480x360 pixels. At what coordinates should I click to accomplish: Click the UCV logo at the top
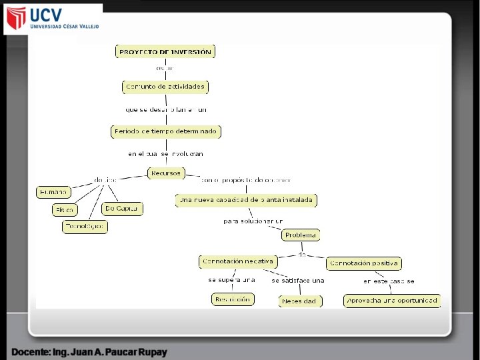[53, 19]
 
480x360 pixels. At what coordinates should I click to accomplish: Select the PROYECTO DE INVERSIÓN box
[165, 51]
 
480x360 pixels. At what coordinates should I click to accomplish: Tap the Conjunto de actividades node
[165, 87]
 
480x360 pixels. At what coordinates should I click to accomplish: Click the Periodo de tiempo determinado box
[165, 132]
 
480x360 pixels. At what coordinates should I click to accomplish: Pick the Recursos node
[165, 173]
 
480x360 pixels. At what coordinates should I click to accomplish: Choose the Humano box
[53, 192]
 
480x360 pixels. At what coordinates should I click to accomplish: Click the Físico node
[65, 210]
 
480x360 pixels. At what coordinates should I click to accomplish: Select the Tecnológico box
[85, 227]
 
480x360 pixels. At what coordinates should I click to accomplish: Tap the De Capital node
[123, 209]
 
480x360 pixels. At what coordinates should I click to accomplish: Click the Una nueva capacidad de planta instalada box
[246, 200]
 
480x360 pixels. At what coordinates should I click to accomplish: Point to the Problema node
[301, 235]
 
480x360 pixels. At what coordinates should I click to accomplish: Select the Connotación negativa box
[237, 261]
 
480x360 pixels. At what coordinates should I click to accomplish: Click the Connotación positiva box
[363, 263]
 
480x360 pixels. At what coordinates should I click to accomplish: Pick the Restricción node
[232, 299]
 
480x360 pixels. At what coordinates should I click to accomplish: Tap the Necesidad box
[299, 301]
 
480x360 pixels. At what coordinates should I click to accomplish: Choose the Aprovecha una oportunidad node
[392, 301]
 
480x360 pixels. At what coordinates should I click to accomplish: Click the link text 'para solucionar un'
[253, 221]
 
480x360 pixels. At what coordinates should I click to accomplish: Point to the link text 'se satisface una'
[297, 281]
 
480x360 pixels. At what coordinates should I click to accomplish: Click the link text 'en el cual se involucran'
[165, 153]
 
